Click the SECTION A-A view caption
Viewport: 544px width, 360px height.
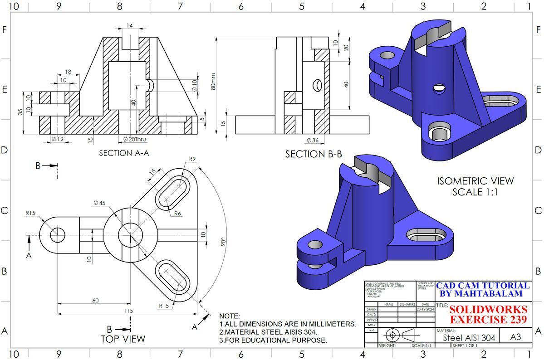pyautogui.click(x=124, y=153)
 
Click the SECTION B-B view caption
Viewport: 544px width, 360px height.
pyautogui.click(x=314, y=154)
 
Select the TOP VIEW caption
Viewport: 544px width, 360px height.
pyautogui.click(x=123, y=339)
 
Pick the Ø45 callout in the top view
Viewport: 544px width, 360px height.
pyautogui.click(x=99, y=203)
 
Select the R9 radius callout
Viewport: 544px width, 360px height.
pyautogui.click(x=192, y=159)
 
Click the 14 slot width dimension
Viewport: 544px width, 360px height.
pyautogui.click(x=130, y=26)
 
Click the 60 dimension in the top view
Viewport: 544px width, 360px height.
pyautogui.click(x=95, y=301)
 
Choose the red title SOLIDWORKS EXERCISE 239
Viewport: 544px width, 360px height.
pyautogui.click(x=488, y=315)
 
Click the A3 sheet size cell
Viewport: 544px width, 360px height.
pyautogui.click(x=516, y=337)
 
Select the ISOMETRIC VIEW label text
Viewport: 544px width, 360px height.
pyautogui.click(x=475, y=181)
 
